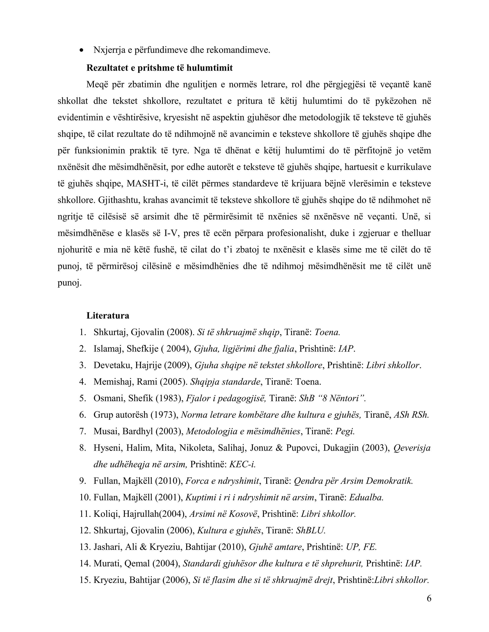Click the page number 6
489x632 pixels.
429,598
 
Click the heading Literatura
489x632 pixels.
108,316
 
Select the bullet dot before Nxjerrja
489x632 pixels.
82,50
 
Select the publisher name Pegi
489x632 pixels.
345,431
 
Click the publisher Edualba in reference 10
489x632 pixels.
366,498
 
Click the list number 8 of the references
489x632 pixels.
83,448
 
